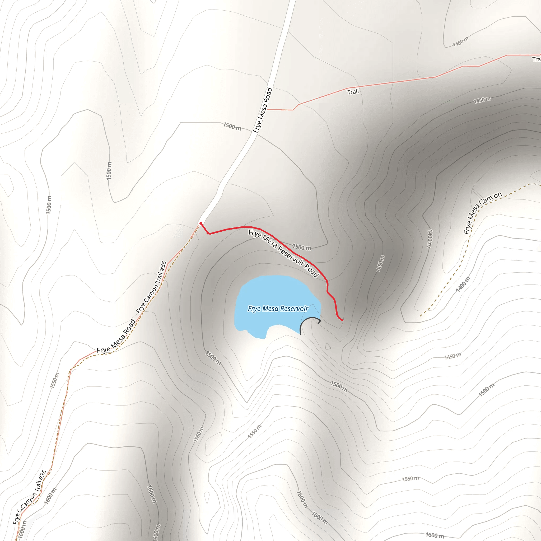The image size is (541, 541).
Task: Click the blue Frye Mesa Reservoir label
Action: coord(278,309)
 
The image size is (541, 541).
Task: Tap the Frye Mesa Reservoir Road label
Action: coord(283,253)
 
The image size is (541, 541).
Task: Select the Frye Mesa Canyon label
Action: coord(482,213)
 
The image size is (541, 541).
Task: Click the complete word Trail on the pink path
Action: coord(353,92)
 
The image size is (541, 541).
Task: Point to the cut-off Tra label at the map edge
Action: coord(536,59)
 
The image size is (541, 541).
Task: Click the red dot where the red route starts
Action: coord(201,223)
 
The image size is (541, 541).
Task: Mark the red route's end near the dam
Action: coord(342,320)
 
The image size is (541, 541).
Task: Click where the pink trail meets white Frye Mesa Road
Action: coord(267,109)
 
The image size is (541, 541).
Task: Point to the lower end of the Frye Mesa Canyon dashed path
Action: coord(421,316)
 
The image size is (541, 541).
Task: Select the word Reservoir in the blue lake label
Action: coord(294,309)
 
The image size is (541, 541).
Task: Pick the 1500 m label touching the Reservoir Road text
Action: coord(302,247)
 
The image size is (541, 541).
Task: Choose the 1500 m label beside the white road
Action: coord(232,126)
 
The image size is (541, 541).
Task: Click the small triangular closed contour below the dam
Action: coord(328,347)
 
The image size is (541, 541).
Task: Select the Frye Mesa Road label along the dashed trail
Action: coord(116,336)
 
